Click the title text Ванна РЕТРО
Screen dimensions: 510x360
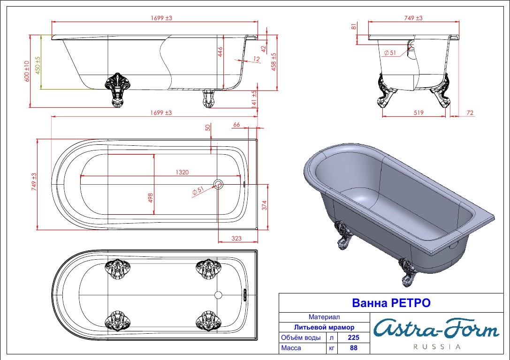[391, 303]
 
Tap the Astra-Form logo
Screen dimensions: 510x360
[436, 329]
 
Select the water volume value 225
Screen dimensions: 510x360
[354, 337]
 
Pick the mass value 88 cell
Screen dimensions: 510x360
[354, 348]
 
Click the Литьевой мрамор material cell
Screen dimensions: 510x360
[324, 327]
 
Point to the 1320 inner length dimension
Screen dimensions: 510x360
[182, 172]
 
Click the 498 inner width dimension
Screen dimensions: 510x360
[150, 198]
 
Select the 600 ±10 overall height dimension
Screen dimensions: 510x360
[27, 71]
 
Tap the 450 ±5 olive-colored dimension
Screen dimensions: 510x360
[38, 65]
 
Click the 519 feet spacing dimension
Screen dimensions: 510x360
[419, 112]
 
